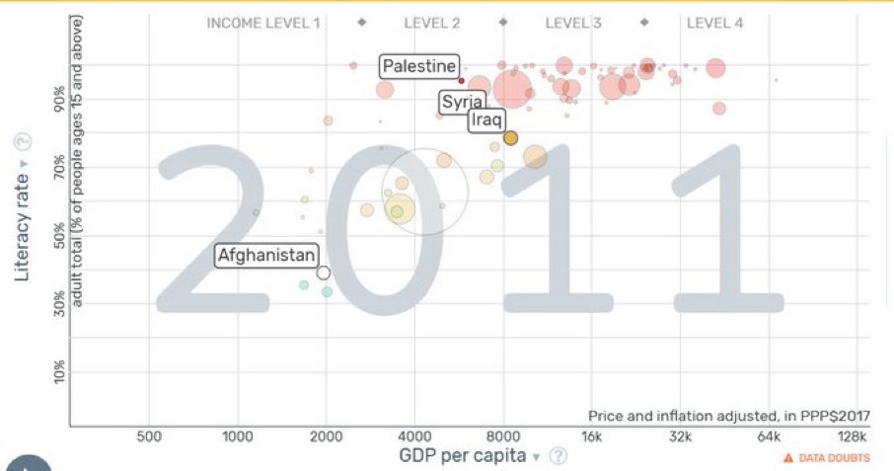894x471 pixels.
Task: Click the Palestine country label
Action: pos(420,67)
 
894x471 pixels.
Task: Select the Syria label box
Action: pos(462,102)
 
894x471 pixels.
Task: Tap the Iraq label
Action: pos(486,119)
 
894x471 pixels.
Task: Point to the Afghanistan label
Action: pos(267,255)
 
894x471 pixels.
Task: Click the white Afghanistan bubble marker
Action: pos(324,273)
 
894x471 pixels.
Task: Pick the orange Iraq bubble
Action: pos(510,138)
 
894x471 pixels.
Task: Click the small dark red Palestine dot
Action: pos(462,81)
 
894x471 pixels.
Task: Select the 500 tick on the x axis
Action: pos(149,436)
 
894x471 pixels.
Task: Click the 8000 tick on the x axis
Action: pos(503,436)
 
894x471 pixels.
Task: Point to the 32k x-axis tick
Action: pos(680,436)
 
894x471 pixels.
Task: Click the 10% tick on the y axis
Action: pos(59,371)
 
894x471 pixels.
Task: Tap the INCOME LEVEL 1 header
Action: pos(263,23)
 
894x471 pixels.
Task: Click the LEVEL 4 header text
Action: pos(714,23)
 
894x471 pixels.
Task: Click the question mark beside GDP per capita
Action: pos(559,455)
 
